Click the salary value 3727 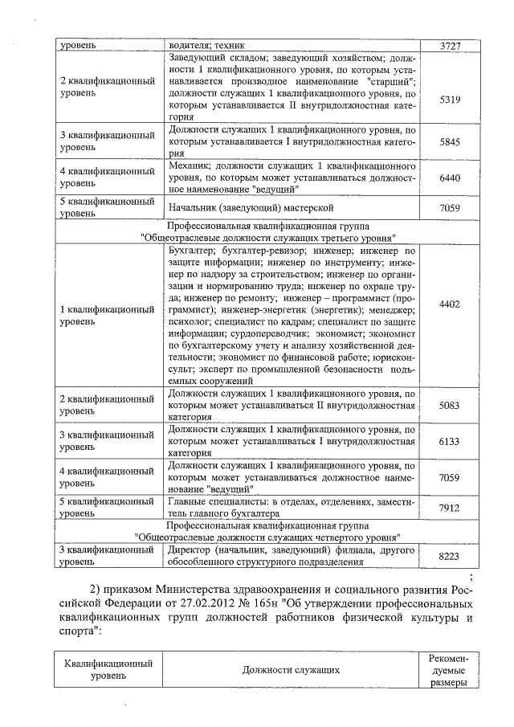click(450, 46)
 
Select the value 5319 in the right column click(450, 99)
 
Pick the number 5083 click(450, 406)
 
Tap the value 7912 click(450, 507)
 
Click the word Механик click(189, 165)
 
